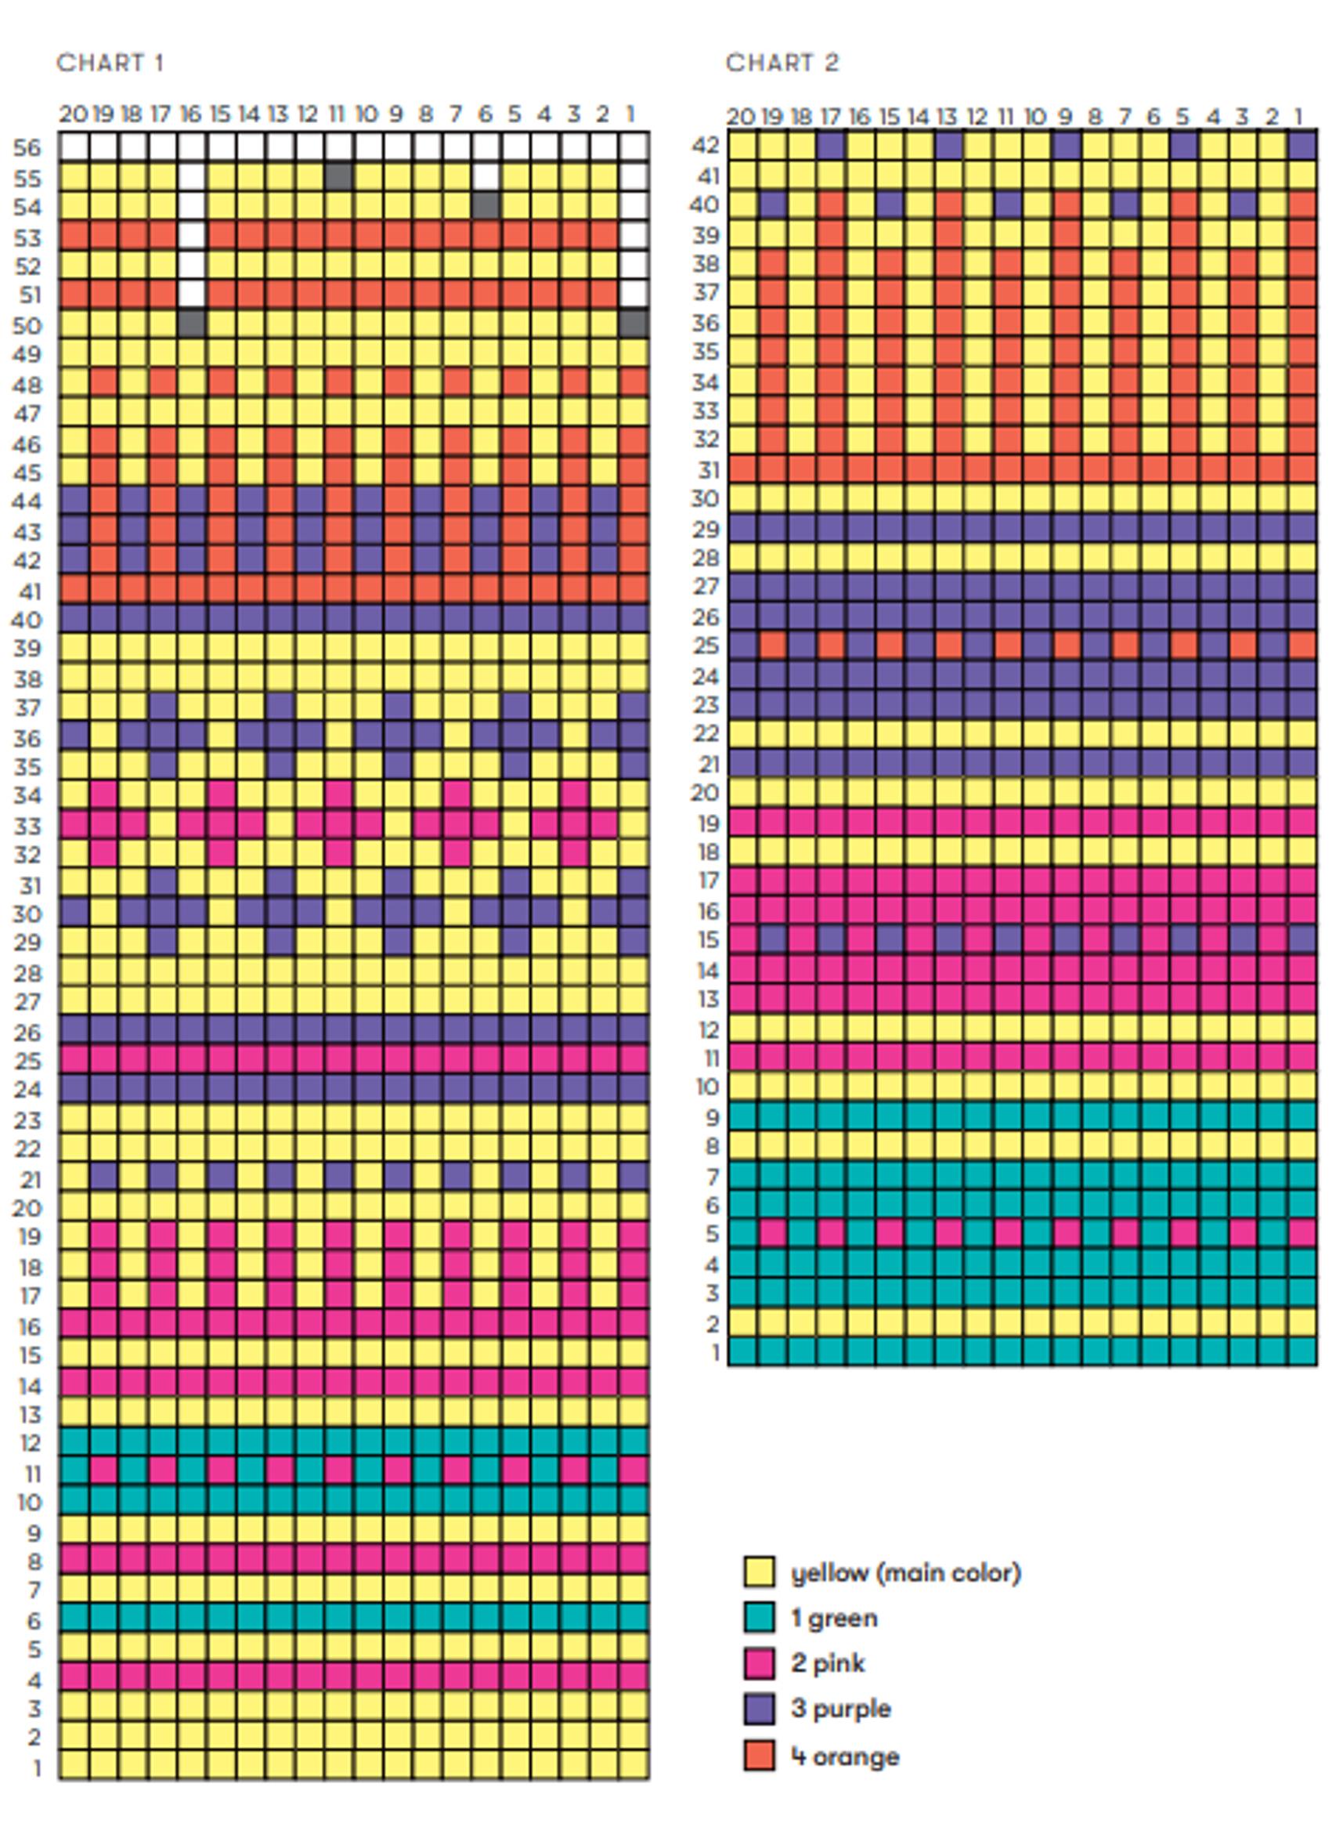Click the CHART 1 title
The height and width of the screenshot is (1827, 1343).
coord(110,63)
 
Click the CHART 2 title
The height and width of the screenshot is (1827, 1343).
coord(782,63)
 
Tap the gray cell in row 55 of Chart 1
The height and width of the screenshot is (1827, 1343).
coord(338,176)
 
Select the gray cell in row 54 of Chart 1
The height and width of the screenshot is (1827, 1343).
coord(486,206)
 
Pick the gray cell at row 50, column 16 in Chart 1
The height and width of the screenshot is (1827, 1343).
coord(191,324)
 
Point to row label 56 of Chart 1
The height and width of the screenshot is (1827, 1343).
coord(27,148)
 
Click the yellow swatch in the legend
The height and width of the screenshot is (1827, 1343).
coord(758,1572)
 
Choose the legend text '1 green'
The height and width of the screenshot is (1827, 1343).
coord(834,1618)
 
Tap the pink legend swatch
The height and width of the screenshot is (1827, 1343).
coord(758,1663)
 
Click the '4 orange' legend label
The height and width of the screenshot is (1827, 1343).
coord(846,1756)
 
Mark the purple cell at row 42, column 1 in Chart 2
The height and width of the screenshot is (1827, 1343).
coord(1302,145)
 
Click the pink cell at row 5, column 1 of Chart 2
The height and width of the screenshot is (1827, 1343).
coord(1302,1233)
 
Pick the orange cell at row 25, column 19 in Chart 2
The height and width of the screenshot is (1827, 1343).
coord(772,646)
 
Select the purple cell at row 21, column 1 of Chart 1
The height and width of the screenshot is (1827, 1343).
coord(634,1177)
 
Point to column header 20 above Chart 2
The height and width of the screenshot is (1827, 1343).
coord(740,117)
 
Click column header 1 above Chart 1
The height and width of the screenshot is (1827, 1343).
coord(632,114)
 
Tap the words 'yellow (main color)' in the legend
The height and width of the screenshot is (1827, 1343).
coord(905,1572)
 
